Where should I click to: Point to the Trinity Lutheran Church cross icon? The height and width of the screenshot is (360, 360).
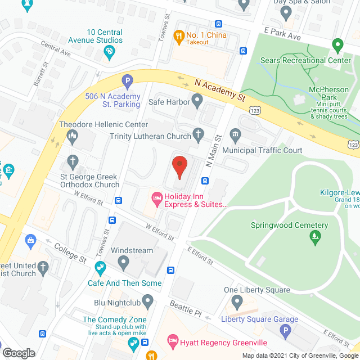coord(197,134)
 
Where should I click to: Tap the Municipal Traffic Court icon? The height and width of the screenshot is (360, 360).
coord(236,134)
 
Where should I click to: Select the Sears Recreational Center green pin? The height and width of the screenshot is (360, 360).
coord(337,44)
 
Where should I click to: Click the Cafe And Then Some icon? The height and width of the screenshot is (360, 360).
coord(100,267)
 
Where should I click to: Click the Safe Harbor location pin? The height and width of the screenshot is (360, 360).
coord(197,102)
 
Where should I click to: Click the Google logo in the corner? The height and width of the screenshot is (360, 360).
coord(18,353)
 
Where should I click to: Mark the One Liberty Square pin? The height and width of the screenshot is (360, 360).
coord(237,303)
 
